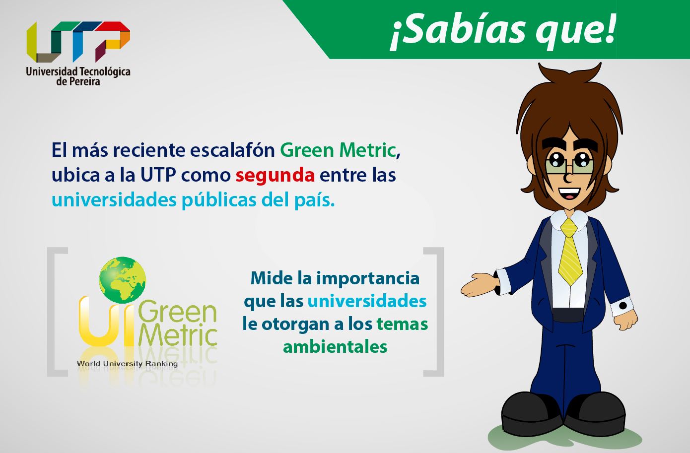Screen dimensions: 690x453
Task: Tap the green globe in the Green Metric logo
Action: pyautogui.click(x=122, y=280)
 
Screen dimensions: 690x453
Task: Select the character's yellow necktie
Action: pyautogui.click(x=569, y=252)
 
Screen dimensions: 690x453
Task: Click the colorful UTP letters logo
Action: pyautogui.click(x=78, y=42)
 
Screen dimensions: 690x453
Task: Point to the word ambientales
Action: pyautogui.click(x=335, y=347)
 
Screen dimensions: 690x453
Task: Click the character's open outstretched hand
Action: pyautogui.click(x=479, y=285)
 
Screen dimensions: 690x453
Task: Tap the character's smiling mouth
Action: pyautogui.click(x=569, y=194)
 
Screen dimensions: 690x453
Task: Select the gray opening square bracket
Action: pyautogui.click(x=57, y=312)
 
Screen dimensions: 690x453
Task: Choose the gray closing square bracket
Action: pyautogui.click(x=434, y=312)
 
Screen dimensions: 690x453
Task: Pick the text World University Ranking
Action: pyautogui.click(x=127, y=364)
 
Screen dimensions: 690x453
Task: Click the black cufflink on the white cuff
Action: pyautogui.click(x=623, y=306)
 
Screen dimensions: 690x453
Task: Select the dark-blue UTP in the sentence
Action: pyautogui.click(x=158, y=175)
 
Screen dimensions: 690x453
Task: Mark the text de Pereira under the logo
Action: pyautogui.click(x=78, y=81)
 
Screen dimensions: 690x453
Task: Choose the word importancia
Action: pyautogui.click(x=368, y=279)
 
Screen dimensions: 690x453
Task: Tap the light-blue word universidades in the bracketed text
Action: pyautogui.click(x=367, y=301)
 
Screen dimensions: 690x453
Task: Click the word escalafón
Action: pyautogui.click(x=232, y=150)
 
